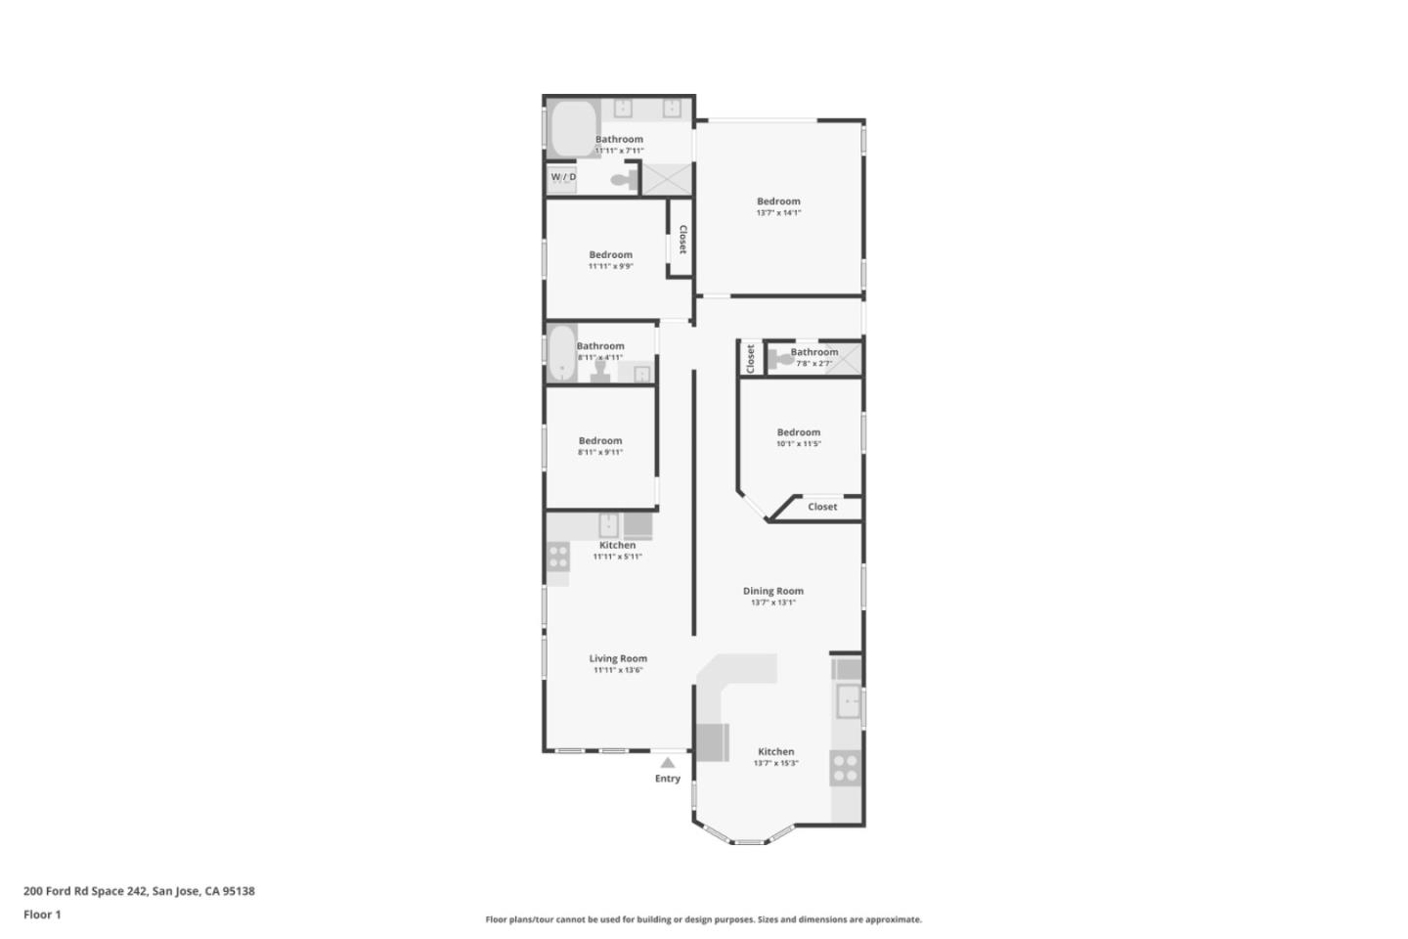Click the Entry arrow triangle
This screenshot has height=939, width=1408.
667,763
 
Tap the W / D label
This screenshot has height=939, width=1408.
563,177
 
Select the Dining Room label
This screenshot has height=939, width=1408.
773,591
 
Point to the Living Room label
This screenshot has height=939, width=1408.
618,658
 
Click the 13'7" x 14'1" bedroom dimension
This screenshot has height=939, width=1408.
778,212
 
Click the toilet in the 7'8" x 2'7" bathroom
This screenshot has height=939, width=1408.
782,359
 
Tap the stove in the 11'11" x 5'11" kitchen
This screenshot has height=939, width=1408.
557,558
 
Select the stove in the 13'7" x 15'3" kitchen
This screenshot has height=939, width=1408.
845,768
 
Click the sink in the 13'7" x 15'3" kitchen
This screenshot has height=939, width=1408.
848,701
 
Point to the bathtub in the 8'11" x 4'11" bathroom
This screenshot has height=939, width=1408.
561,354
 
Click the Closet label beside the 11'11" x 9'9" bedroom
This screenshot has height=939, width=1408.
682,240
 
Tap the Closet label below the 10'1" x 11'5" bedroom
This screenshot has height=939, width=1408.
822,507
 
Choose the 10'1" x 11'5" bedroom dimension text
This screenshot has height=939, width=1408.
799,444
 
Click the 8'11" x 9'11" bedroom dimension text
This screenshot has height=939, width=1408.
600,452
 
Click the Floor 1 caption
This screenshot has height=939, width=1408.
42,915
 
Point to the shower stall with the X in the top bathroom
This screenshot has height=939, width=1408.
667,179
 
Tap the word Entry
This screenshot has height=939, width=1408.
668,779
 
